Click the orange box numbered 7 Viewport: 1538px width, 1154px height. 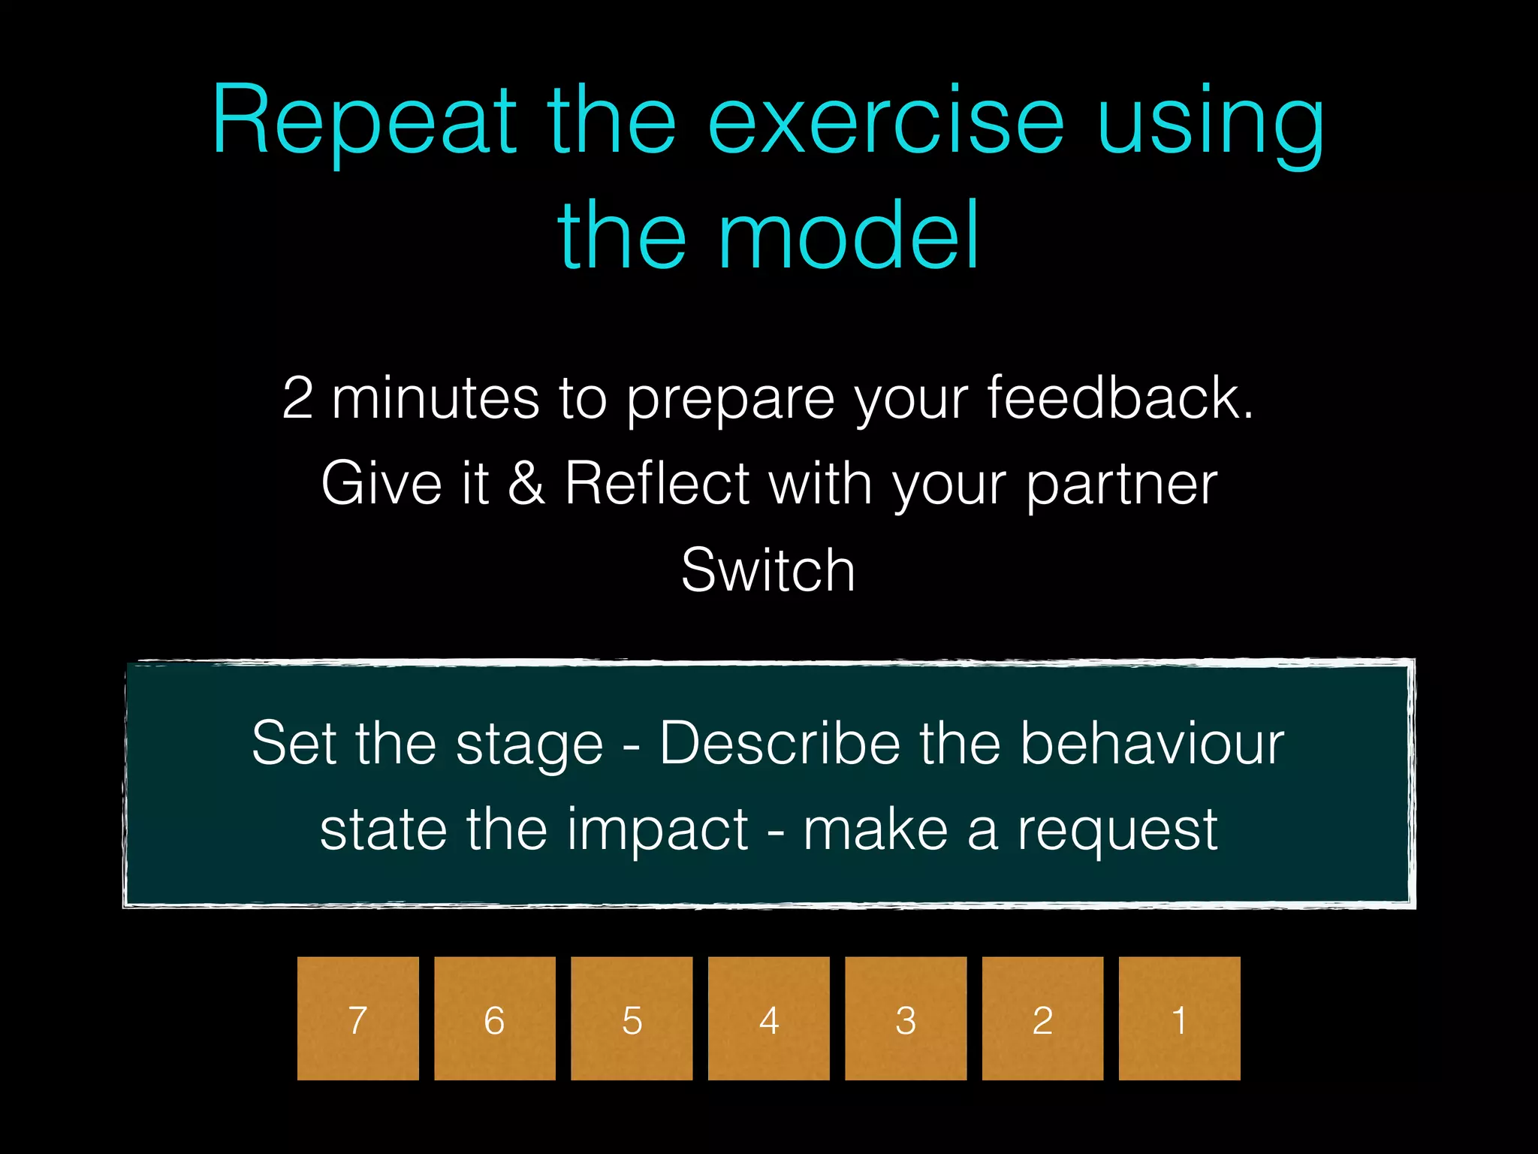tap(357, 1018)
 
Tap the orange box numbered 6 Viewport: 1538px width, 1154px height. tap(494, 1018)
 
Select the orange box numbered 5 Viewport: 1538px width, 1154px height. tap(632, 1018)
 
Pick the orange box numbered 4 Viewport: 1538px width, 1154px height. tap(768, 1018)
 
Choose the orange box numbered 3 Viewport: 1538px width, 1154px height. tap(906, 1018)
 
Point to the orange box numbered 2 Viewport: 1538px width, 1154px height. tap(1042, 1018)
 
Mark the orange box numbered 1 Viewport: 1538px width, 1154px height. tap(1179, 1018)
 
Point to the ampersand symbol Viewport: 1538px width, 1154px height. tap(526, 483)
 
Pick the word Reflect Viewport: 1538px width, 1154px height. tap(657, 483)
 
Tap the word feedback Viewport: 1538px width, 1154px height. tap(1119, 397)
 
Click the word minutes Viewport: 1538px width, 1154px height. tap(436, 397)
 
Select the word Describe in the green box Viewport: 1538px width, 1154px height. tap(780, 744)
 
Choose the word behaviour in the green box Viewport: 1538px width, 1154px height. tap(1152, 744)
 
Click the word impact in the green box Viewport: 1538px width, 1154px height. tap(657, 829)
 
